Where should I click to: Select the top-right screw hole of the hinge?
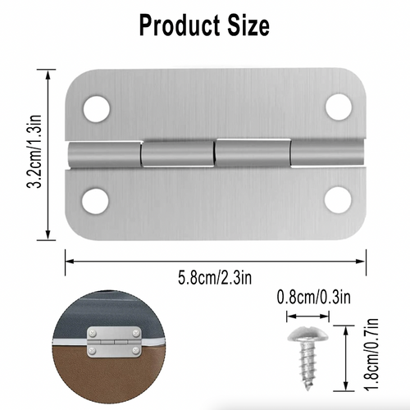tap(337, 106)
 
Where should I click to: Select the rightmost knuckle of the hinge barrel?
tap(326, 153)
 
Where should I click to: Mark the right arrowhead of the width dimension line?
tap(362, 261)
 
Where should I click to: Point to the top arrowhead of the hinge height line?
tap(61, 71)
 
